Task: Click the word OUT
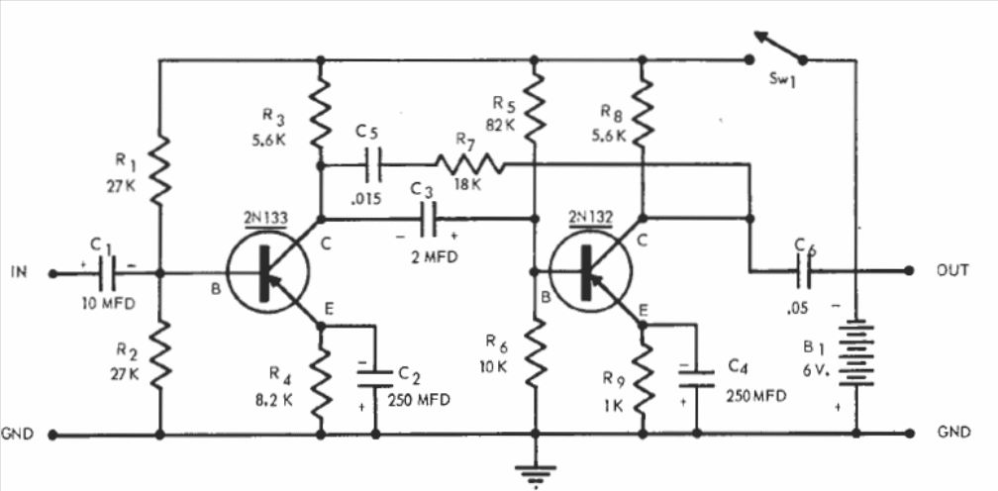[x=951, y=270]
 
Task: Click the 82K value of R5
[x=500, y=126]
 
